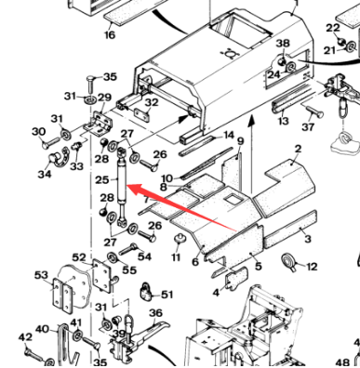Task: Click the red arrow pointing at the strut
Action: pyautogui.click(x=181, y=207)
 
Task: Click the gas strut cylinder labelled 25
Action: pyautogui.click(x=122, y=186)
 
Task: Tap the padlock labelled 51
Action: pyautogui.click(x=145, y=291)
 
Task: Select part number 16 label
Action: pyautogui.click(x=110, y=34)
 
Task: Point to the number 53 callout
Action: pyautogui.click(x=41, y=275)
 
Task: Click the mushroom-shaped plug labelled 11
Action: pyautogui.click(x=178, y=239)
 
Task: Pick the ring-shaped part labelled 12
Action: pyautogui.click(x=288, y=261)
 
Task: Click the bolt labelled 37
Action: pyautogui.click(x=314, y=112)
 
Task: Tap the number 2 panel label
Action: pyautogui.click(x=298, y=149)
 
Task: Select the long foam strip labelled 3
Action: pyautogui.click(x=290, y=230)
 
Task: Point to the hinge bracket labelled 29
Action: pyautogui.click(x=101, y=124)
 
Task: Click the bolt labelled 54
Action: pyautogui.click(x=128, y=249)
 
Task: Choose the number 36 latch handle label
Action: pyautogui.click(x=155, y=313)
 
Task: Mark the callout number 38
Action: pyautogui.click(x=283, y=44)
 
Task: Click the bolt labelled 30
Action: pyautogui.click(x=49, y=142)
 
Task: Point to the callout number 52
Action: pyautogui.click(x=79, y=257)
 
